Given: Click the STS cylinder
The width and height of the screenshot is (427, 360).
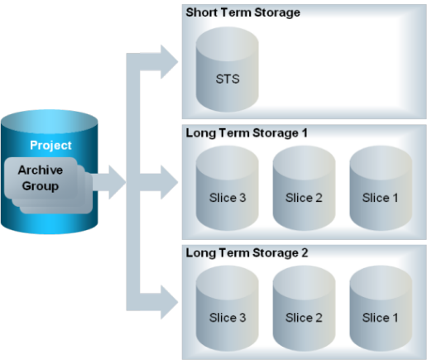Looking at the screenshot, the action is tap(228, 70).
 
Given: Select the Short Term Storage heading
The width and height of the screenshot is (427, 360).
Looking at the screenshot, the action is tap(242, 12).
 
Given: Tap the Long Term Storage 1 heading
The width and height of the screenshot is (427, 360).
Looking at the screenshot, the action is tap(247, 133).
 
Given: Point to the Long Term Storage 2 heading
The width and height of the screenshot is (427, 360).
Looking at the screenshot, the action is tap(247, 253).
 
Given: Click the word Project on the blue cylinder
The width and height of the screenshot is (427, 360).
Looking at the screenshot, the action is tap(50, 146).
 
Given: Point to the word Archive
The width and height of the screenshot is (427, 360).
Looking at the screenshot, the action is tap(41, 170).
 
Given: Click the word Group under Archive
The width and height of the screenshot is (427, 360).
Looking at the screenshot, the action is tap(41, 186).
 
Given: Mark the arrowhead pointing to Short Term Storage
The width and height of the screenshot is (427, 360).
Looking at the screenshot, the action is tap(170, 62).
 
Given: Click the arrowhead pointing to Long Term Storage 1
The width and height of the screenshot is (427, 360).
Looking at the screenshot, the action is tap(170, 182).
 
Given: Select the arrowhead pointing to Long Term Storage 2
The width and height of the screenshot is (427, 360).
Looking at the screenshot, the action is tap(170, 302).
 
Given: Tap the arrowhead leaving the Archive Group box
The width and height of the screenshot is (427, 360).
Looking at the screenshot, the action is tap(118, 182).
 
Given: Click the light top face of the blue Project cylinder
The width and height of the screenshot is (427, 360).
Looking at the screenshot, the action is tap(50, 122).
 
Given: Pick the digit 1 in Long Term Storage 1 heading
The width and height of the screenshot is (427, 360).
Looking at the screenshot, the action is tap(305, 133).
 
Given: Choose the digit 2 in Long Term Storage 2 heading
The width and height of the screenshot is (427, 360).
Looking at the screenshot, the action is tap(305, 253).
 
